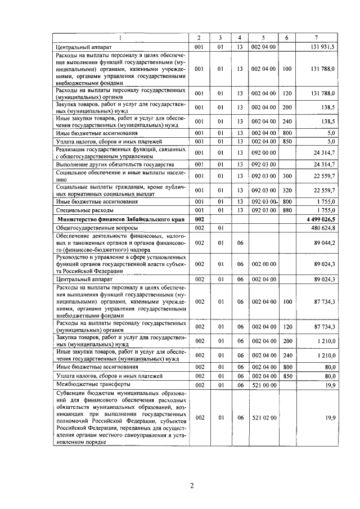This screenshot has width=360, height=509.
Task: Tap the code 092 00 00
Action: coord(263,152)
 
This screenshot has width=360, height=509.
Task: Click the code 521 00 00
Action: coord(263,384)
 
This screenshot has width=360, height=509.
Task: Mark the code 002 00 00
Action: coord(263,263)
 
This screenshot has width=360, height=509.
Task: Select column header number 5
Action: coord(263,38)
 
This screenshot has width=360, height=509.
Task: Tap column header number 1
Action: coord(120,38)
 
